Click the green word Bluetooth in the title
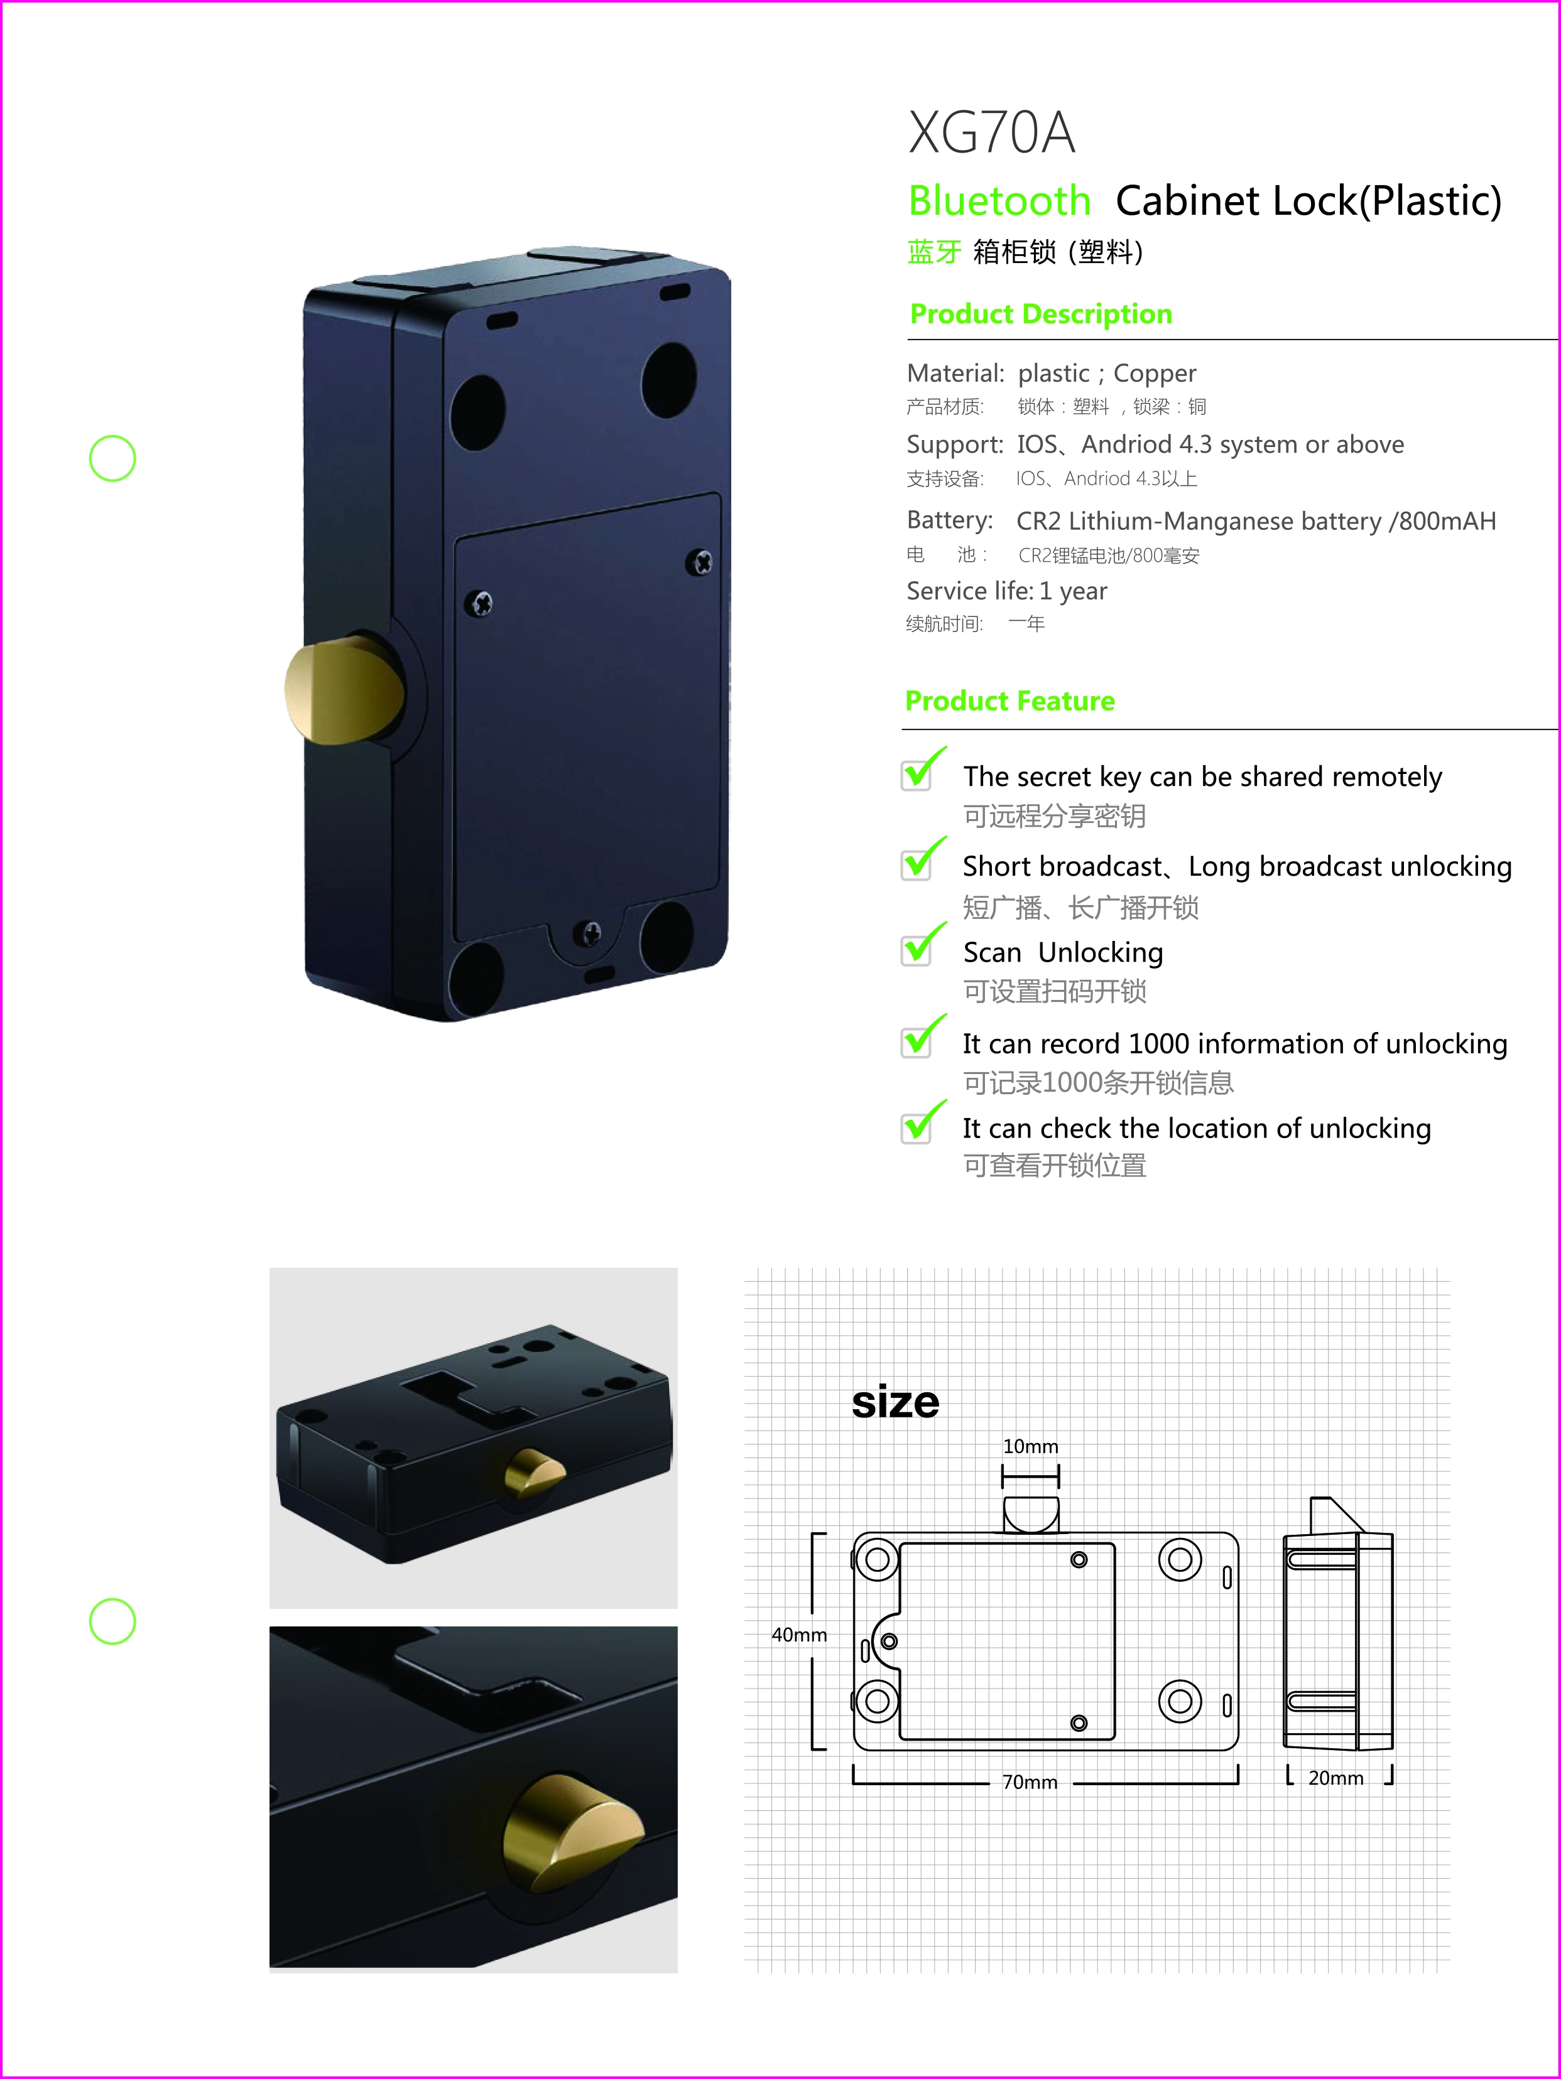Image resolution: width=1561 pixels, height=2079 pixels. (x=999, y=201)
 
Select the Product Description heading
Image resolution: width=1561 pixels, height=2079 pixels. (x=1040, y=314)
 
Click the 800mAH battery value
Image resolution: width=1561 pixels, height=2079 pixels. (x=1446, y=522)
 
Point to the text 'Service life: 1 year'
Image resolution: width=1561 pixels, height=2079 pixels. (x=1006, y=591)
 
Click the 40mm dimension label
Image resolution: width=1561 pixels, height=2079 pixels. (x=798, y=1635)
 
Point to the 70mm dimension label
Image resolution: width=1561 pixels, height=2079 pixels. (x=1030, y=1783)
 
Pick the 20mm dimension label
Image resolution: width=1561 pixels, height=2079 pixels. (x=1335, y=1778)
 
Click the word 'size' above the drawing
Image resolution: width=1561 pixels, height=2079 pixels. (x=895, y=1402)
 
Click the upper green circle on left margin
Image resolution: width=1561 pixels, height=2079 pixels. (x=113, y=459)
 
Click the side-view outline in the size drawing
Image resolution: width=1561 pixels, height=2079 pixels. (x=1337, y=1635)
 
